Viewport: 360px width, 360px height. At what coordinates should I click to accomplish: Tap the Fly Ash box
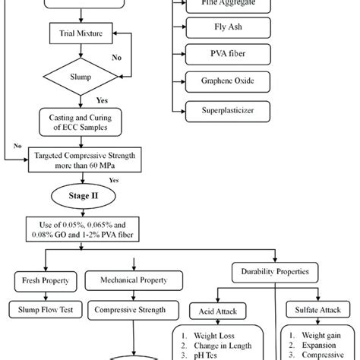(218, 29)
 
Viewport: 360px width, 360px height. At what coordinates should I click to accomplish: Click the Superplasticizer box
(218, 111)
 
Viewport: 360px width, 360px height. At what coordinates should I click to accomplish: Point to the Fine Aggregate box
(218, 4)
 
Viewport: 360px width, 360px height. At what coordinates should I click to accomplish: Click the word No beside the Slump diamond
(117, 56)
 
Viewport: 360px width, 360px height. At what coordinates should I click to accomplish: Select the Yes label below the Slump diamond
(101, 99)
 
